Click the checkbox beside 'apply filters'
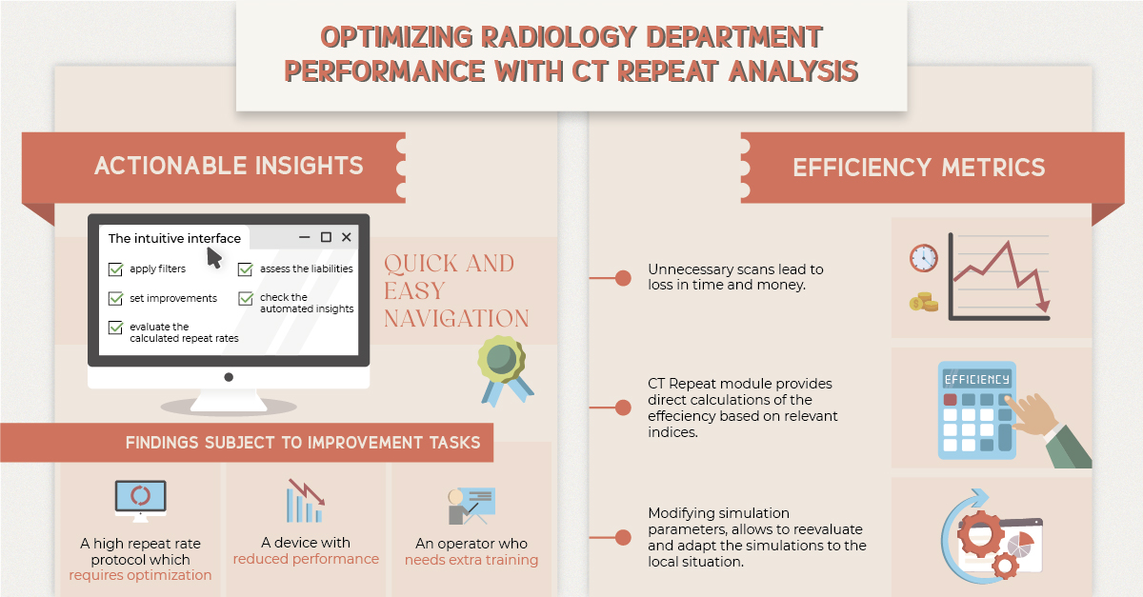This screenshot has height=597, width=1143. coord(115,269)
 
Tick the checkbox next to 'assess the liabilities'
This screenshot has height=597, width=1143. coord(245,269)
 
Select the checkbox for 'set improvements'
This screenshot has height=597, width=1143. coord(115,299)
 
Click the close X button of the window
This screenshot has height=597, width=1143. coord(347,237)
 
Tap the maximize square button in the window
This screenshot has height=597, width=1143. coord(326,237)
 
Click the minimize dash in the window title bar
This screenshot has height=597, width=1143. coord(305,237)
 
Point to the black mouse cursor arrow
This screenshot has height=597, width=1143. coord(214,257)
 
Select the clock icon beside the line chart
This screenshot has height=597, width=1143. coord(923,258)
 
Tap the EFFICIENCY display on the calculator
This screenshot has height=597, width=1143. coord(975,379)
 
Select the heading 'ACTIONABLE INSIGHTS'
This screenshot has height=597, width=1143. coord(229,166)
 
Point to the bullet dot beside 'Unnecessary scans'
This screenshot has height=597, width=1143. coord(623,278)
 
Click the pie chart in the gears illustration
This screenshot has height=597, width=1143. coord(1022,546)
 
